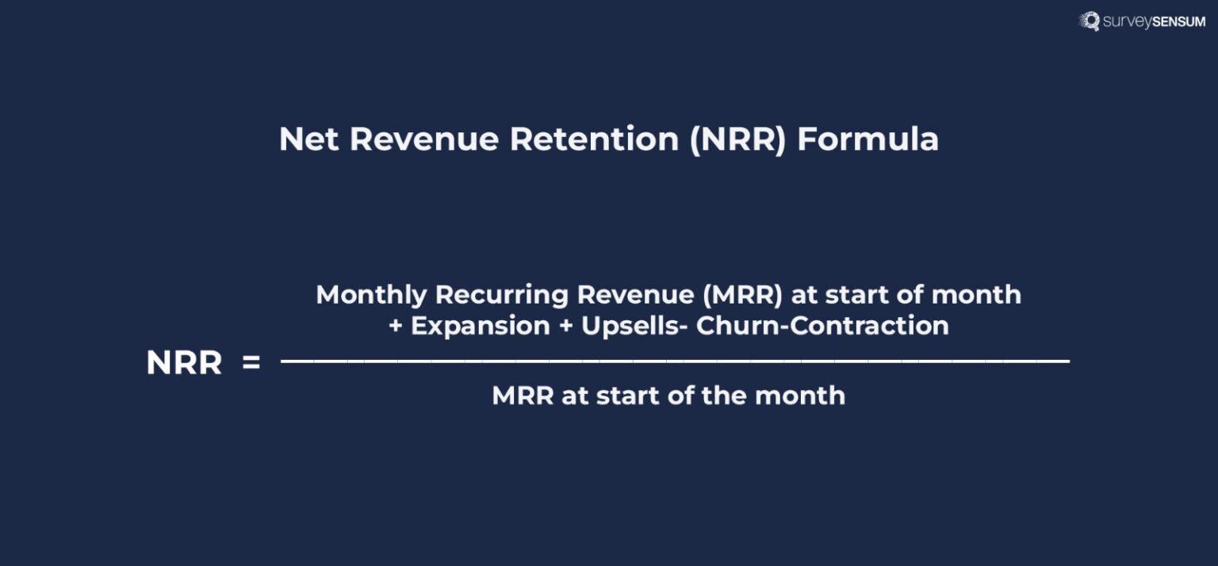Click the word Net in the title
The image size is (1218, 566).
tap(309, 140)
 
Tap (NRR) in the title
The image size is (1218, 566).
tap(737, 140)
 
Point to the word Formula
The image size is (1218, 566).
tap(868, 140)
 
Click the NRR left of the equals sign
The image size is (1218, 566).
tap(184, 363)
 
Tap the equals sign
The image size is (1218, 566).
tap(251, 363)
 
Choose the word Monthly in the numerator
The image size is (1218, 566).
tap(371, 295)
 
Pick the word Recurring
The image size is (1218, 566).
tap(501, 295)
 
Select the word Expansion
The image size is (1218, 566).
tap(481, 326)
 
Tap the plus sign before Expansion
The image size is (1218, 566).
tap(396, 327)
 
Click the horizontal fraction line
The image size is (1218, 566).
tap(674, 361)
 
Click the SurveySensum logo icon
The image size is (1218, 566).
tap(1090, 21)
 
